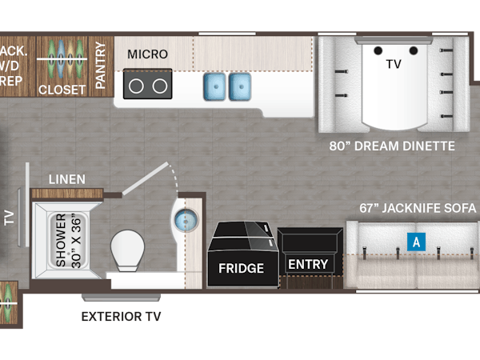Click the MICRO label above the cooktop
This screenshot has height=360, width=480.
[148, 54]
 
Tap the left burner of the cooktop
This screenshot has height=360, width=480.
[136, 85]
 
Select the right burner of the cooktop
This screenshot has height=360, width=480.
[159, 85]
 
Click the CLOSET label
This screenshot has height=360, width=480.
[62, 90]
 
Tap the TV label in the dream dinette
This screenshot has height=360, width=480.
[393, 63]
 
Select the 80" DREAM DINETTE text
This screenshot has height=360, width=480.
[392, 146]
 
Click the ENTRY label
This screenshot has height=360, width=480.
[308, 265]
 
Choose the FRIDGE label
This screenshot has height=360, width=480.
[242, 269]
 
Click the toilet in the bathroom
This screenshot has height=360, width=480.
[128, 252]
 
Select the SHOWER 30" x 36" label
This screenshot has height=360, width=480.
[65, 239]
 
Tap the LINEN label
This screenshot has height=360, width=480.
[66, 179]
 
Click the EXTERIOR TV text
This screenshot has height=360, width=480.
[122, 317]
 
